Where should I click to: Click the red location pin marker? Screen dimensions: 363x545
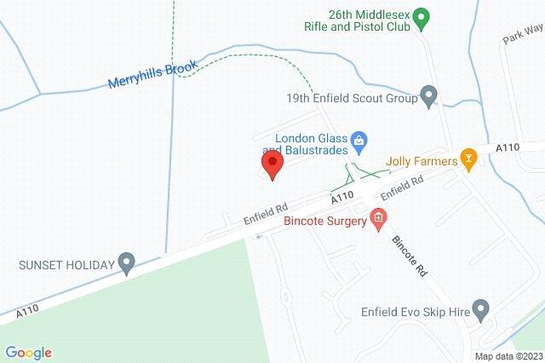272,163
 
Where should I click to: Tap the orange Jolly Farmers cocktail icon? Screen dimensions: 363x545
467,158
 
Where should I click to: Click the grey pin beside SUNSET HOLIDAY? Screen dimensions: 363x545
127,263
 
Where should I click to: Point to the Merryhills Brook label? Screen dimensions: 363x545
153,75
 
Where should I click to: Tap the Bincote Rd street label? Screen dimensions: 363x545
408,256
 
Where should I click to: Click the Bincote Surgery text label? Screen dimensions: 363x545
324,222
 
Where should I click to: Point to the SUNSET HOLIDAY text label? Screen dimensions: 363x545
66,264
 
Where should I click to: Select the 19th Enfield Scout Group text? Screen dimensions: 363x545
352,99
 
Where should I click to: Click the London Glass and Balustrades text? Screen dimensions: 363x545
312,144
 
